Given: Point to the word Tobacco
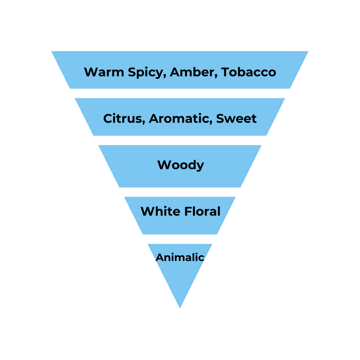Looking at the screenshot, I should (x=249, y=72).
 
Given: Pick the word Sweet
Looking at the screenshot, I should (x=237, y=118).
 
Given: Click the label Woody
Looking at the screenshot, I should (x=181, y=165).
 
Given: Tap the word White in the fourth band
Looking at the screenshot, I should (x=160, y=211).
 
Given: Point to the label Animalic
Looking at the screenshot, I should (x=180, y=257).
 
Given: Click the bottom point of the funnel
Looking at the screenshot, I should (x=180, y=308).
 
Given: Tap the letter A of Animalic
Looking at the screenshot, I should (x=159, y=257).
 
